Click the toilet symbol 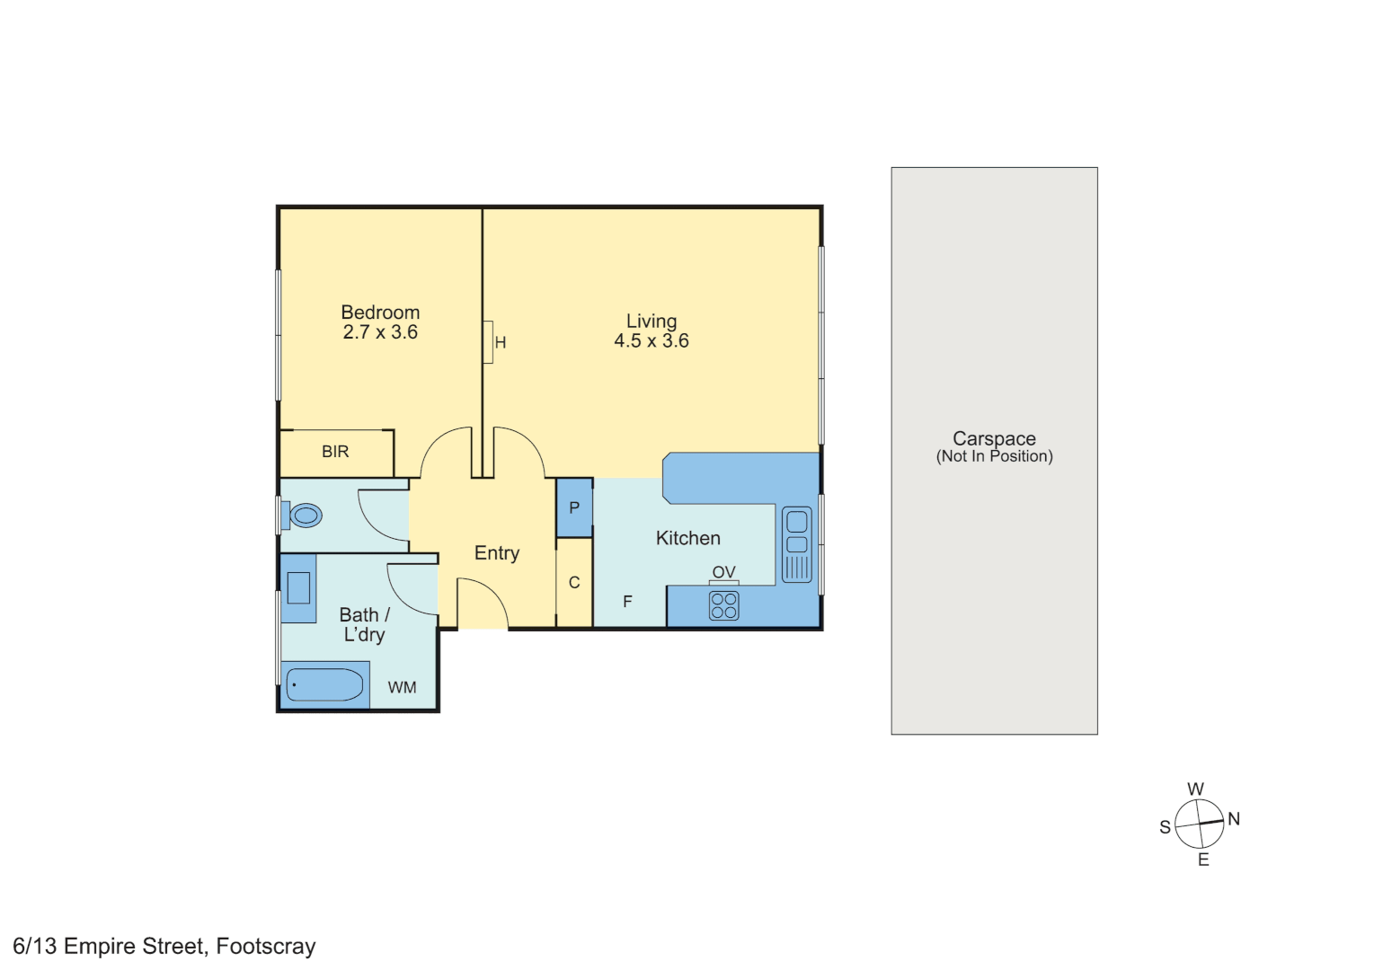coord(303,516)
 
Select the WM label coord(402,687)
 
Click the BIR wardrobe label coord(335,452)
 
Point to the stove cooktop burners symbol coord(724,606)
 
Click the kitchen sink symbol coord(796,544)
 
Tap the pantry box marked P coord(574,507)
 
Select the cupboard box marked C coord(574,582)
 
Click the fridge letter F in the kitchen coord(627,602)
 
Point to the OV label coord(723,572)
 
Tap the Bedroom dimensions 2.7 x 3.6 coord(380,332)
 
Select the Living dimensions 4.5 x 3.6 coord(652,341)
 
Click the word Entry coord(497,553)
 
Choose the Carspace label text coord(994,438)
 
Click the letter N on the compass coord(1234,819)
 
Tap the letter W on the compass coord(1195,789)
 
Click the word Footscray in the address coord(266,947)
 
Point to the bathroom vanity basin coord(298,588)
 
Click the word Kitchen coord(687,538)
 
